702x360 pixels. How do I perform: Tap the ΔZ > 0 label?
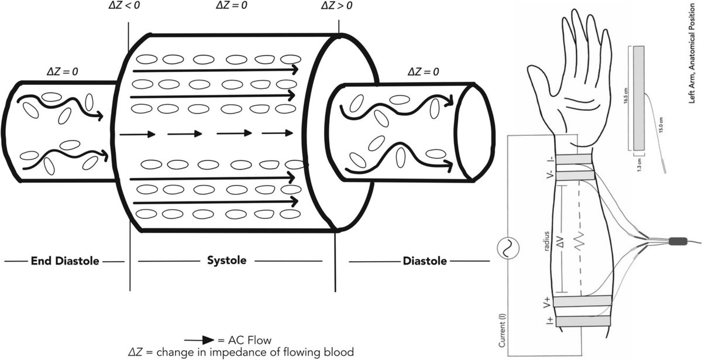[338, 5]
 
